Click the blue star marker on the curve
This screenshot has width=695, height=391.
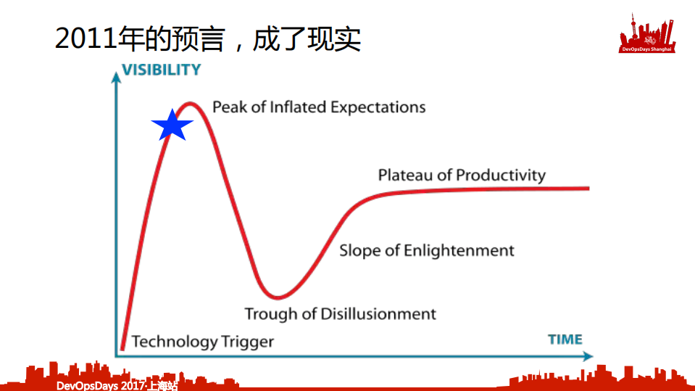click(x=172, y=126)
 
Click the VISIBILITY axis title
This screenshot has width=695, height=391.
click(x=161, y=70)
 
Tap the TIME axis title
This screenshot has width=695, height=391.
click(x=565, y=339)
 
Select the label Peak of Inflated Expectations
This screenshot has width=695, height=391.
click(x=319, y=107)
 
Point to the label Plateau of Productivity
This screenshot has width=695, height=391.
click(x=462, y=175)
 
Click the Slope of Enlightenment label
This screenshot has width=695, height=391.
click(x=427, y=250)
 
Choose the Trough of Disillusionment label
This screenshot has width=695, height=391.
click(x=340, y=313)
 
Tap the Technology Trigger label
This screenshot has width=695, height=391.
click(x=203, y=341)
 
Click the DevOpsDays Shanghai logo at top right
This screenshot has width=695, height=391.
click(x=648, y=35)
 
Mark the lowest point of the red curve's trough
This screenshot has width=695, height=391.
click(x=276, y=297)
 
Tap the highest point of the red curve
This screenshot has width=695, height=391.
click(x=190, y=103)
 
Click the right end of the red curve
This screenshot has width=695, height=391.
click(x=588, y=188)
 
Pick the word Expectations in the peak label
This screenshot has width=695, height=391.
click(x=378, y=107)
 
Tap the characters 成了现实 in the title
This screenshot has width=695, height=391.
click(x=307, y=39)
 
